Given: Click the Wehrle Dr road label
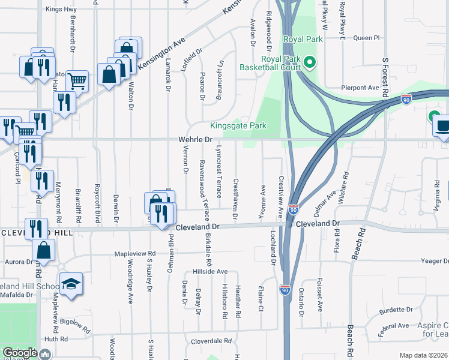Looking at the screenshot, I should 196,139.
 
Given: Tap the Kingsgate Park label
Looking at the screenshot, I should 238,126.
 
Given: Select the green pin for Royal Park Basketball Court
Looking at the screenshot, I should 310,61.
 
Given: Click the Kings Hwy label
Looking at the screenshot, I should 61,10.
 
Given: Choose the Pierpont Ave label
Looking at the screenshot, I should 360,88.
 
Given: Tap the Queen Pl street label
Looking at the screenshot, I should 367,38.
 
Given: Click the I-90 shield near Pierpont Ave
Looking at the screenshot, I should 406,98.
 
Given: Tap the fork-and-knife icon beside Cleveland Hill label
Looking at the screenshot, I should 37,229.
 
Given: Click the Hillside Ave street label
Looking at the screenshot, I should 209,271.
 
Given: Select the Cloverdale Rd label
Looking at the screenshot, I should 211,341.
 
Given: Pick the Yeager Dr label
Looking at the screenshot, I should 435,262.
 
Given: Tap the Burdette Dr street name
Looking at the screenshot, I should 396,311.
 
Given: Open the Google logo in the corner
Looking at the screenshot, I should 20,353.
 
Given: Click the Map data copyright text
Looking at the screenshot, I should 424,355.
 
